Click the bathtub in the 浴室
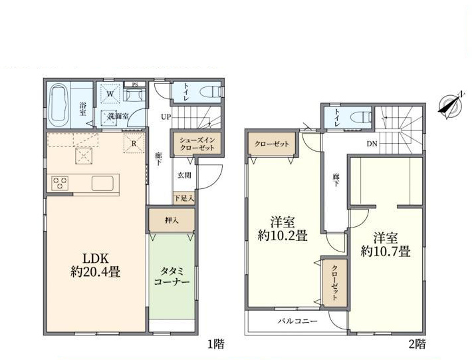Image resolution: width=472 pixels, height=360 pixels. (x=59, y=105)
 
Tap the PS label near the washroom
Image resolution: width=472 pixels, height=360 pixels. (x=135, y=85)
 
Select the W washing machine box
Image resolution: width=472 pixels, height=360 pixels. (x=110, y=94)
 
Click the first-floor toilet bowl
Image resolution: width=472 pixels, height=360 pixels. (x=213, y=92)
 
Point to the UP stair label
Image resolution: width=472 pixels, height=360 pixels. (x=166, y=117)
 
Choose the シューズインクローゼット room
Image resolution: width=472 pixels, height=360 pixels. (x=197, y=144)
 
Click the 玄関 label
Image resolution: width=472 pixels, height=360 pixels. (x=184, y=175)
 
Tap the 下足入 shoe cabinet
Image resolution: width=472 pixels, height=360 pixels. (x=184, y=198)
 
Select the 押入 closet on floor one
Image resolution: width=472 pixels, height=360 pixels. (x=172, y=220)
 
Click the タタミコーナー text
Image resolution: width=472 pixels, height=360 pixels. (x=172, y=277)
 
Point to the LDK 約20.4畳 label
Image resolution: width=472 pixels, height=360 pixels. (x=96, y=266)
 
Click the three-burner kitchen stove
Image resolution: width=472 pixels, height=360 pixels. (x=60, y=183)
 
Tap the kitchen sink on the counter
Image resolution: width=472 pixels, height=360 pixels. (x=102, y=183)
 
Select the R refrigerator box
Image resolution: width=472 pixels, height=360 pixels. (x=134, y=143)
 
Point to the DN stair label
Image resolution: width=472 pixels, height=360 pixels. (x=372, y=144)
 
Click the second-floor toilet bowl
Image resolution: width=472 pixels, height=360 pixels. (x=363, y=116)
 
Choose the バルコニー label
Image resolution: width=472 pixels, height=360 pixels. (x=297, y=321)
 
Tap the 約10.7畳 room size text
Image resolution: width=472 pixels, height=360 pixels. (x=386, y=252)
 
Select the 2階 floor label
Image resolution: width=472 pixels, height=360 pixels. (x=417, y=344)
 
